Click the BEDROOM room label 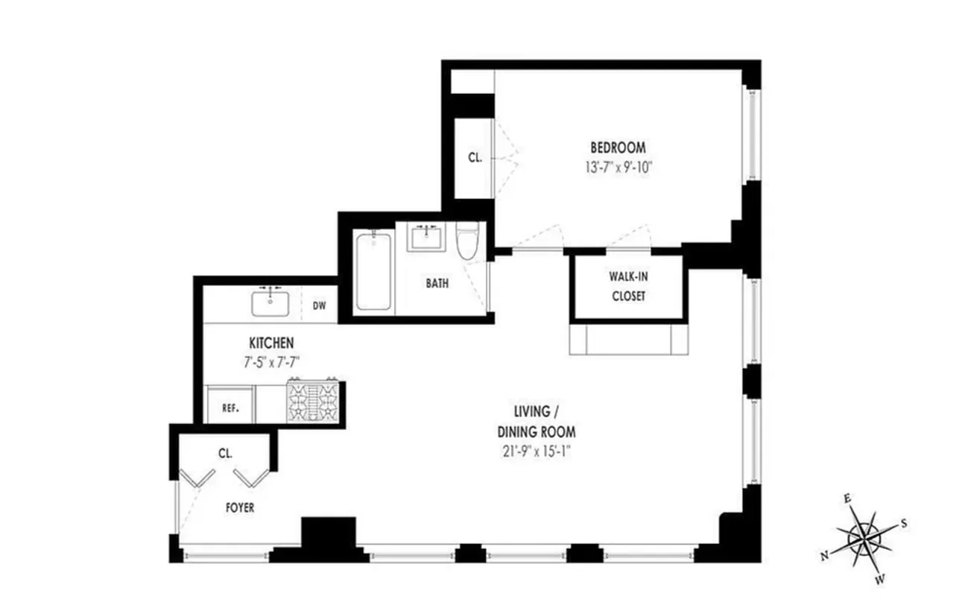point(618,147)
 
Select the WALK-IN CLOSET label point(627,286)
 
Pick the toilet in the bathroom point(468,241)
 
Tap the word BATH point(437,283)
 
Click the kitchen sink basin point(270,303)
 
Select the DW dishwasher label point(320,305)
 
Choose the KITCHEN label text point(271,343)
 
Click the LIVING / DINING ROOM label point(536,421)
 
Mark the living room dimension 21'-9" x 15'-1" point(536,451)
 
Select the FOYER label point(239,508)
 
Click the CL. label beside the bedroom point(475,157)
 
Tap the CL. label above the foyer point(226,452)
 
